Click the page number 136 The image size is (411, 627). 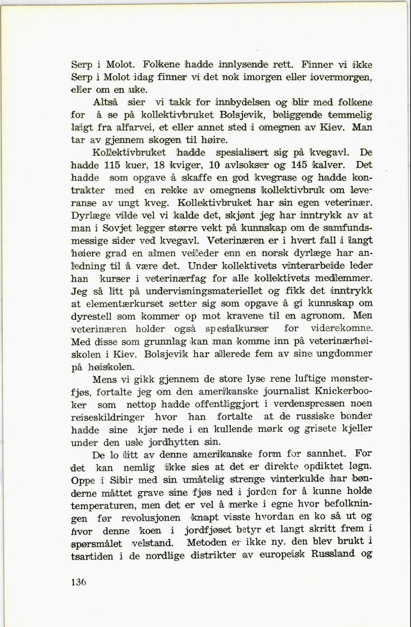point(78,582)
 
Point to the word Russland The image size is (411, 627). point(335,555)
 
